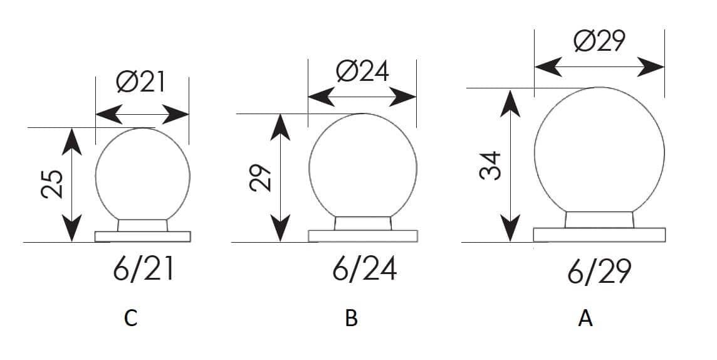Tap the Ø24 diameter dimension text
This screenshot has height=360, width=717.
(x=362, y=71)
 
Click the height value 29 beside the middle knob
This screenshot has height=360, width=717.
(x=261, y=177)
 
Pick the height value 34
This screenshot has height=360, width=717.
(x=491, y=166)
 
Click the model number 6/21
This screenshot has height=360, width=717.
(x=144, y=270)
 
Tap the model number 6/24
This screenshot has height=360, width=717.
(x=364, y=269)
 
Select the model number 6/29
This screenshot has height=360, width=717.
(x=599, y=272)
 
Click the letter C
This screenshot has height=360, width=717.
(x=130, y=319)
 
